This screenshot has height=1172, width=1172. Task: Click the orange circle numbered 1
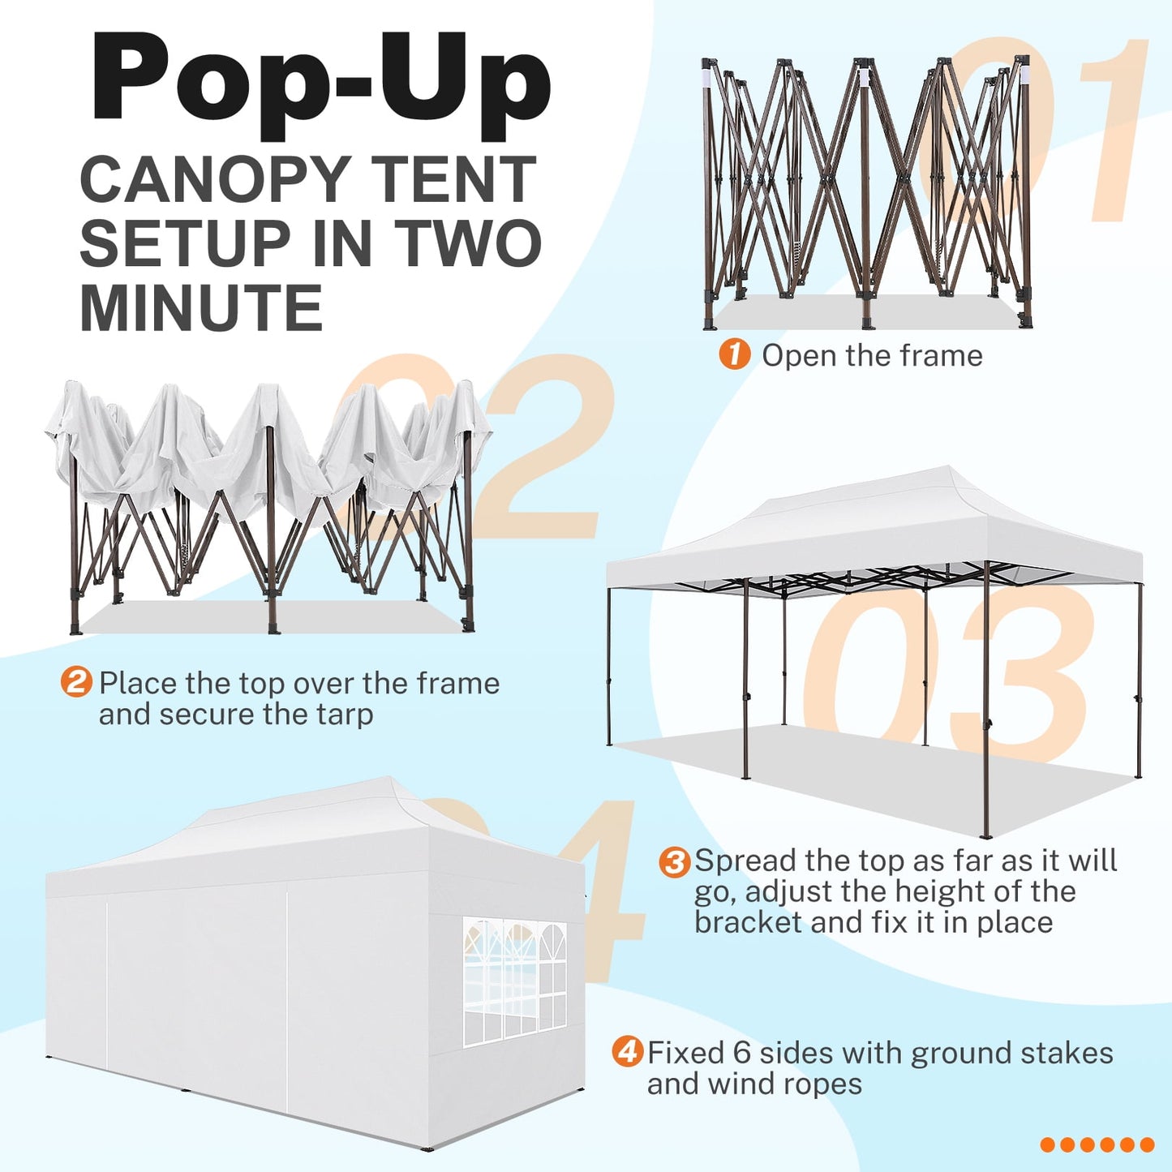tap(734, 355)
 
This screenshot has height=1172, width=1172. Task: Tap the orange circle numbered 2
tap(76, 681)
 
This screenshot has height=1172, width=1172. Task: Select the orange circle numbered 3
tap(674, 861)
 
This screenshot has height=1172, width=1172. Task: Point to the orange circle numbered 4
tap(627, 1053)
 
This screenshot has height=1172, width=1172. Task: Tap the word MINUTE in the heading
tap(201, 309)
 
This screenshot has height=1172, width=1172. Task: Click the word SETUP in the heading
tap(185, 244)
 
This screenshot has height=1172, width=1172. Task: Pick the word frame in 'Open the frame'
tap(946, 355)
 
